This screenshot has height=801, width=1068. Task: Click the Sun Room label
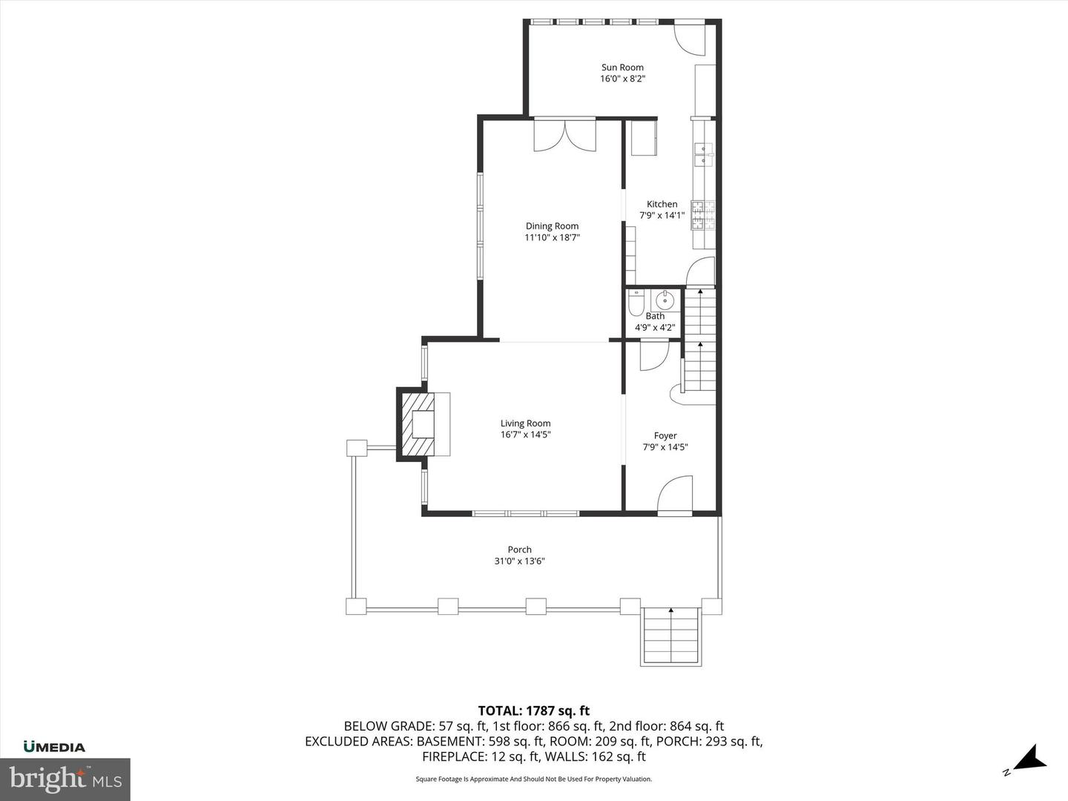click(x=622, y=67)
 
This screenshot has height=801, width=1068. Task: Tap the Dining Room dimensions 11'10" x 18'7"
click(x=552, y=238)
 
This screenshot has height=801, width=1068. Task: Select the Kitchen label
click(x=662, y=204)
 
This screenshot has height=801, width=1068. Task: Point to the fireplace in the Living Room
click(x=424, y=424)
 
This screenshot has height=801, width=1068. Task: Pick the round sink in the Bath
click(x=664, y=301)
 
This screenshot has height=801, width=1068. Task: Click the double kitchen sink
click(x=702, y=154)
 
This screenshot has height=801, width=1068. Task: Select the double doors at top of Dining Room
click(x=564, y=136)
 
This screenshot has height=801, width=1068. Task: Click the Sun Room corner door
click(x=690, y=39)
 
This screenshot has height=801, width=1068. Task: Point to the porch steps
click(x=670, y=636)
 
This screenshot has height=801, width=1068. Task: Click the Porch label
click(x=519, y=550)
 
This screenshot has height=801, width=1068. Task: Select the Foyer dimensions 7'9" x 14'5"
click(x=665, y=447)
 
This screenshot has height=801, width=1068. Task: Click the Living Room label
click(x=525, y=423)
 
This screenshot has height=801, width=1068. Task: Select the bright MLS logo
click(x=65, y=779)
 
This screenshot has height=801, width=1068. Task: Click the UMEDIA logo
click(x=54, y=747)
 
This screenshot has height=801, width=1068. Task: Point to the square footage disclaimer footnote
click(x=534, y=779)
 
